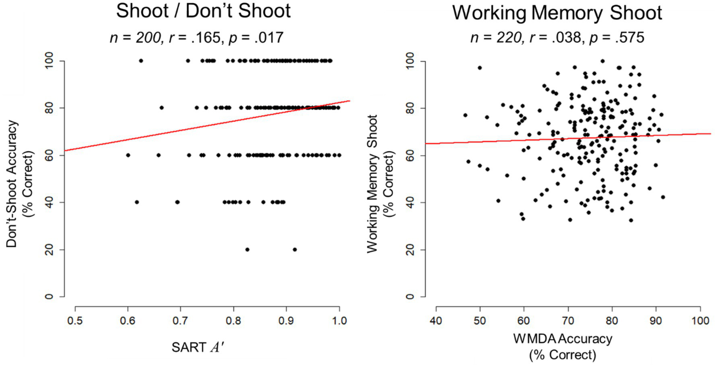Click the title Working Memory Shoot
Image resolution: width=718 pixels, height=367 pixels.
pyautogui.click(x=557, y=12)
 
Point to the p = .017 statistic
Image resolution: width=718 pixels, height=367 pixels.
pyautogui.click(x=255, y=37)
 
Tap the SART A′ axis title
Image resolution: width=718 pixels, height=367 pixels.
pyautogui.click(x=198, y=347)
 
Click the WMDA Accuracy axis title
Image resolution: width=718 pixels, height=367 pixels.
pyautogui.click(x=562, y=338)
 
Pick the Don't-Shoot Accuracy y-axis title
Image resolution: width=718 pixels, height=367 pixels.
pyautogui.click(x=19, y=184)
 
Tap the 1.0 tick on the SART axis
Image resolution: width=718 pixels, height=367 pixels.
pyautogui.click(x=339, y=321)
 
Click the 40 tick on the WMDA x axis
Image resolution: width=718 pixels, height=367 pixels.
pyautogui.click(x=436, y=321)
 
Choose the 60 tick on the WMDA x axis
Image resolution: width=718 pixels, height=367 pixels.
pyautogui.click(x=524, y=321)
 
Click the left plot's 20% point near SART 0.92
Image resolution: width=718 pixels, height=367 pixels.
pyautogui.click(x=295, y=250)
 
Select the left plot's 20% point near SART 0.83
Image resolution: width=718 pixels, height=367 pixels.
pyautogui.click(x=247, y=250)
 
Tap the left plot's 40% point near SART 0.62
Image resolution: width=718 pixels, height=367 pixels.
pyautogui.click(x=137, y=202)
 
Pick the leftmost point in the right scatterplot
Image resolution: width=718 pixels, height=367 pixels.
pyautogui.click(x=465, y=115)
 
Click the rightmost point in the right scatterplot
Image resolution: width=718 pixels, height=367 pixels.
pyautogui.click(x=663, y=197)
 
